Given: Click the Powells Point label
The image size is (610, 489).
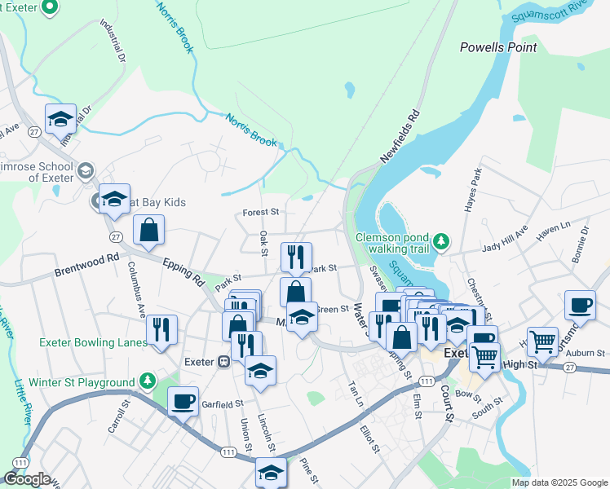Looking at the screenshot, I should (498, 47).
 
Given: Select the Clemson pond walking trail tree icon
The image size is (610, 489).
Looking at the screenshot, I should (441, 240).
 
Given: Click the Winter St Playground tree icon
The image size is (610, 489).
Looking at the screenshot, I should (147, 380).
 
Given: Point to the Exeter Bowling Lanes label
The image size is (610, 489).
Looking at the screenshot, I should (93, 342).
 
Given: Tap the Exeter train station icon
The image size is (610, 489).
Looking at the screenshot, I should (222, 361).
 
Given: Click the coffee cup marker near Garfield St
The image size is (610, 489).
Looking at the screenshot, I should (183, 399).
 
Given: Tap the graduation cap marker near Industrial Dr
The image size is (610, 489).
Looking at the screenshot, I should (60, 118).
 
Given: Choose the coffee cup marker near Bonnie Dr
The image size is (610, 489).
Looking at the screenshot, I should (580, 304).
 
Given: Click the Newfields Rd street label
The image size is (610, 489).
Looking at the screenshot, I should (400, 136).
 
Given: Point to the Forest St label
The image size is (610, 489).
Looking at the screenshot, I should (261, 212).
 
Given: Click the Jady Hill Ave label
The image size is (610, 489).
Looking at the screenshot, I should (505, 240).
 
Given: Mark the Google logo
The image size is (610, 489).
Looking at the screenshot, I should (26, 479).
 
